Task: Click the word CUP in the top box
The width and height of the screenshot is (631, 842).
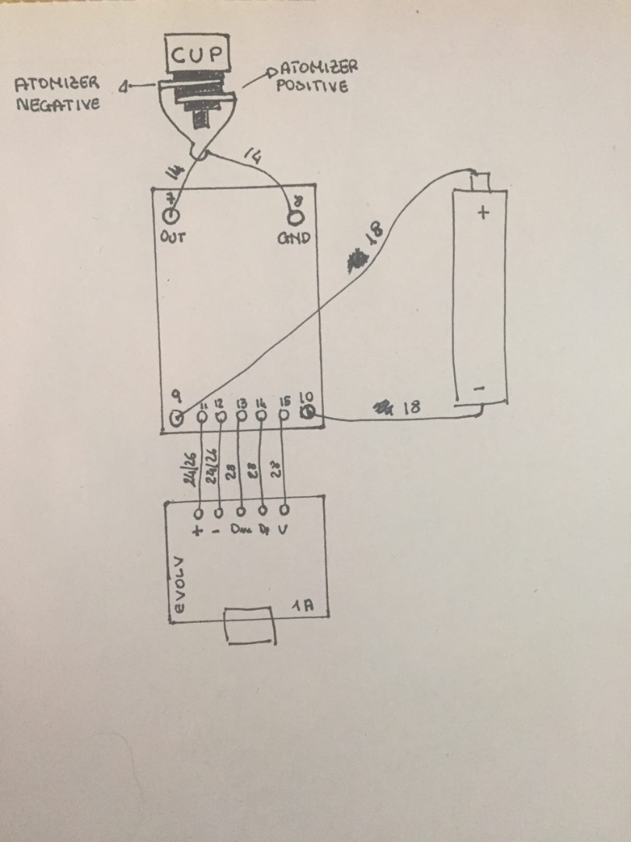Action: [198, 55]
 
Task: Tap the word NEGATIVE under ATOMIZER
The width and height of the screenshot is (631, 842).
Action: [58, 104]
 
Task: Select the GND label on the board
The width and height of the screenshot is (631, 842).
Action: [294, 238]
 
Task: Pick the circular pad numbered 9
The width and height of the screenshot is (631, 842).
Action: [178, 418]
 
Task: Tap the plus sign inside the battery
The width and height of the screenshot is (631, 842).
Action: [483, 211]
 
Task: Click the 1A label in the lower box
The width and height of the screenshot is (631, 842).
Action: [304, 605]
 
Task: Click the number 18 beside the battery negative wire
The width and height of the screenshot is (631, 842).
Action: [412, 406]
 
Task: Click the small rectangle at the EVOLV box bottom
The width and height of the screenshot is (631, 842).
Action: [250, 626]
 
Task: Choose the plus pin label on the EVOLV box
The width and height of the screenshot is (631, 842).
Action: [198, 532]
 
